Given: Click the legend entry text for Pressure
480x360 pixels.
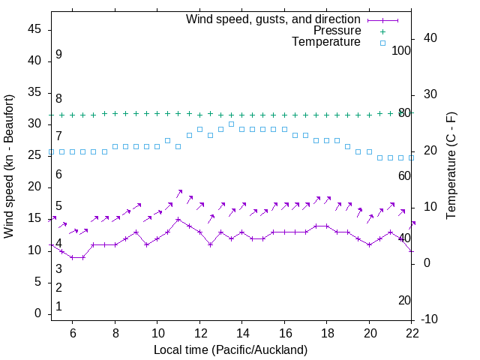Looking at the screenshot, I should click(337, 31).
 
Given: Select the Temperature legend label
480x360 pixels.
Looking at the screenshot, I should click(326, 43).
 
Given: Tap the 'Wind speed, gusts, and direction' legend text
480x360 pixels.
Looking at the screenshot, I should click(274, 19).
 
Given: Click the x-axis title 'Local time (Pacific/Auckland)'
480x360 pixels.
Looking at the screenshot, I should click(231, 349).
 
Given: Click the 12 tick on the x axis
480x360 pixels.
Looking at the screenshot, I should click(200, 332).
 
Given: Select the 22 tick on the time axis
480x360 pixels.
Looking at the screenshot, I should click(412, 332).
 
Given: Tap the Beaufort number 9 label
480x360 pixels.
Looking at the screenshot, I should click(58, 55).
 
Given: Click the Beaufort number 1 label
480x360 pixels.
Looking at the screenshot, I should click(58, 307).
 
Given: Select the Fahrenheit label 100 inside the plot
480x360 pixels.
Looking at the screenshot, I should click(402, 50).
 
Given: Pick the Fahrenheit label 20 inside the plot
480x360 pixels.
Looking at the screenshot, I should click(404, 300).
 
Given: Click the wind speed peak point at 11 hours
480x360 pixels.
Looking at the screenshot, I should click(178, 220).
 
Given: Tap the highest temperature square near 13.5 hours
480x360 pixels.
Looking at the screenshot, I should click(231, 124).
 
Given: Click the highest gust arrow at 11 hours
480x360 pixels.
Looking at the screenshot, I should click(180, 192).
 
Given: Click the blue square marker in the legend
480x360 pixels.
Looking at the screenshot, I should click(382, 43).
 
